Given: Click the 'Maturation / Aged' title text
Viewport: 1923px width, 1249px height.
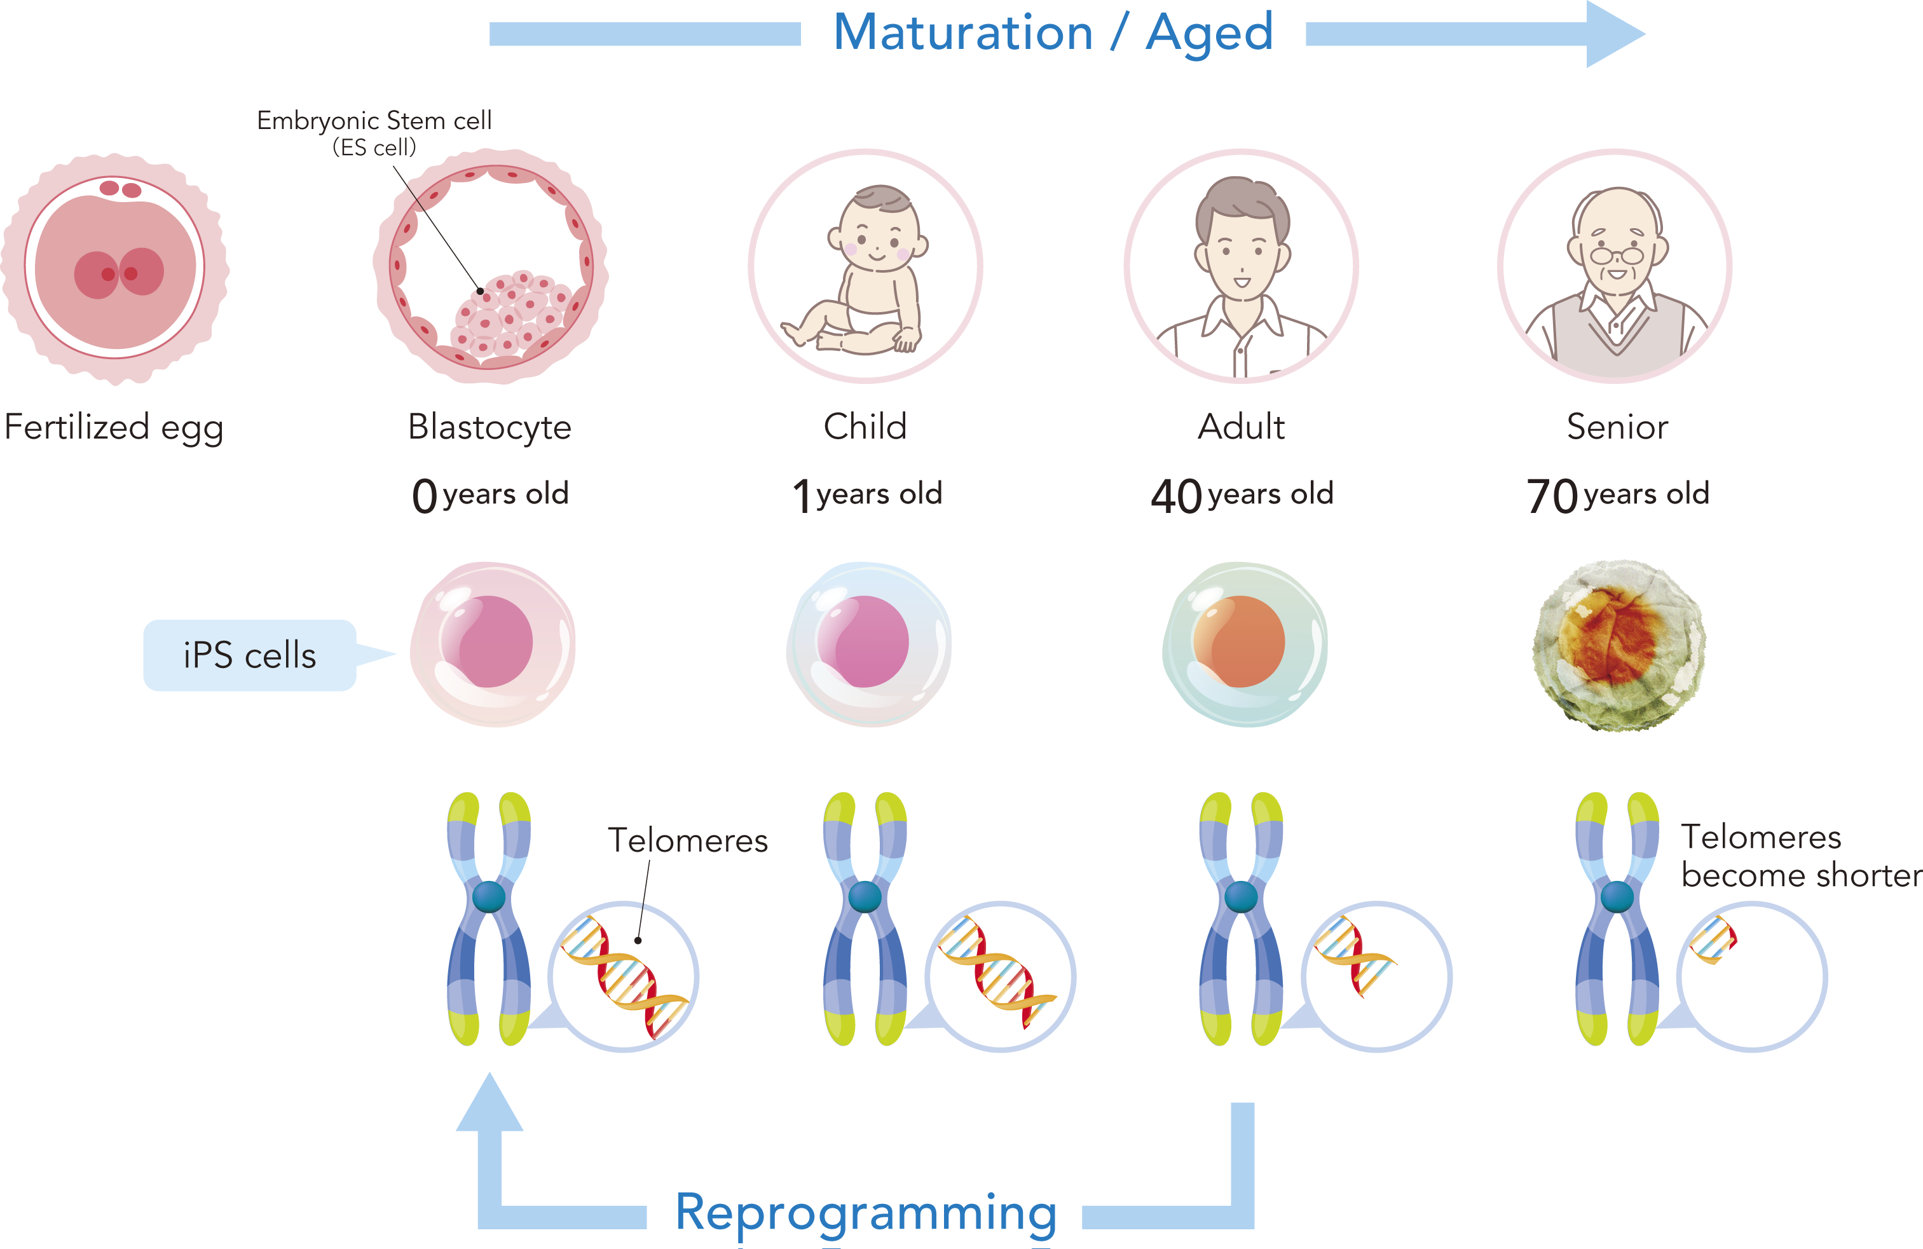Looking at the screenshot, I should (x=1053, y=34).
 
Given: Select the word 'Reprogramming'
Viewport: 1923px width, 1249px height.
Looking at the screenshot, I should (x=865, y=1213).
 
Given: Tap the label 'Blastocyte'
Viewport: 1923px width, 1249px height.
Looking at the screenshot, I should (x=489, y=427).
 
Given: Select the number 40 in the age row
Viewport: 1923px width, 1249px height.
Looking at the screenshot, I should (x=1175, y=495).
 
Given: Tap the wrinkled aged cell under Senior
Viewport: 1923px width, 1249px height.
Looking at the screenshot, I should (x=1618, y=645).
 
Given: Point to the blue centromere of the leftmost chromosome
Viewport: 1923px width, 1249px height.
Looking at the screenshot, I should (x=488, y=896).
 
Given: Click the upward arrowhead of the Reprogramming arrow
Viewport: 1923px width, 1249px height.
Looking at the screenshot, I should (x=489, y=1103).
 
